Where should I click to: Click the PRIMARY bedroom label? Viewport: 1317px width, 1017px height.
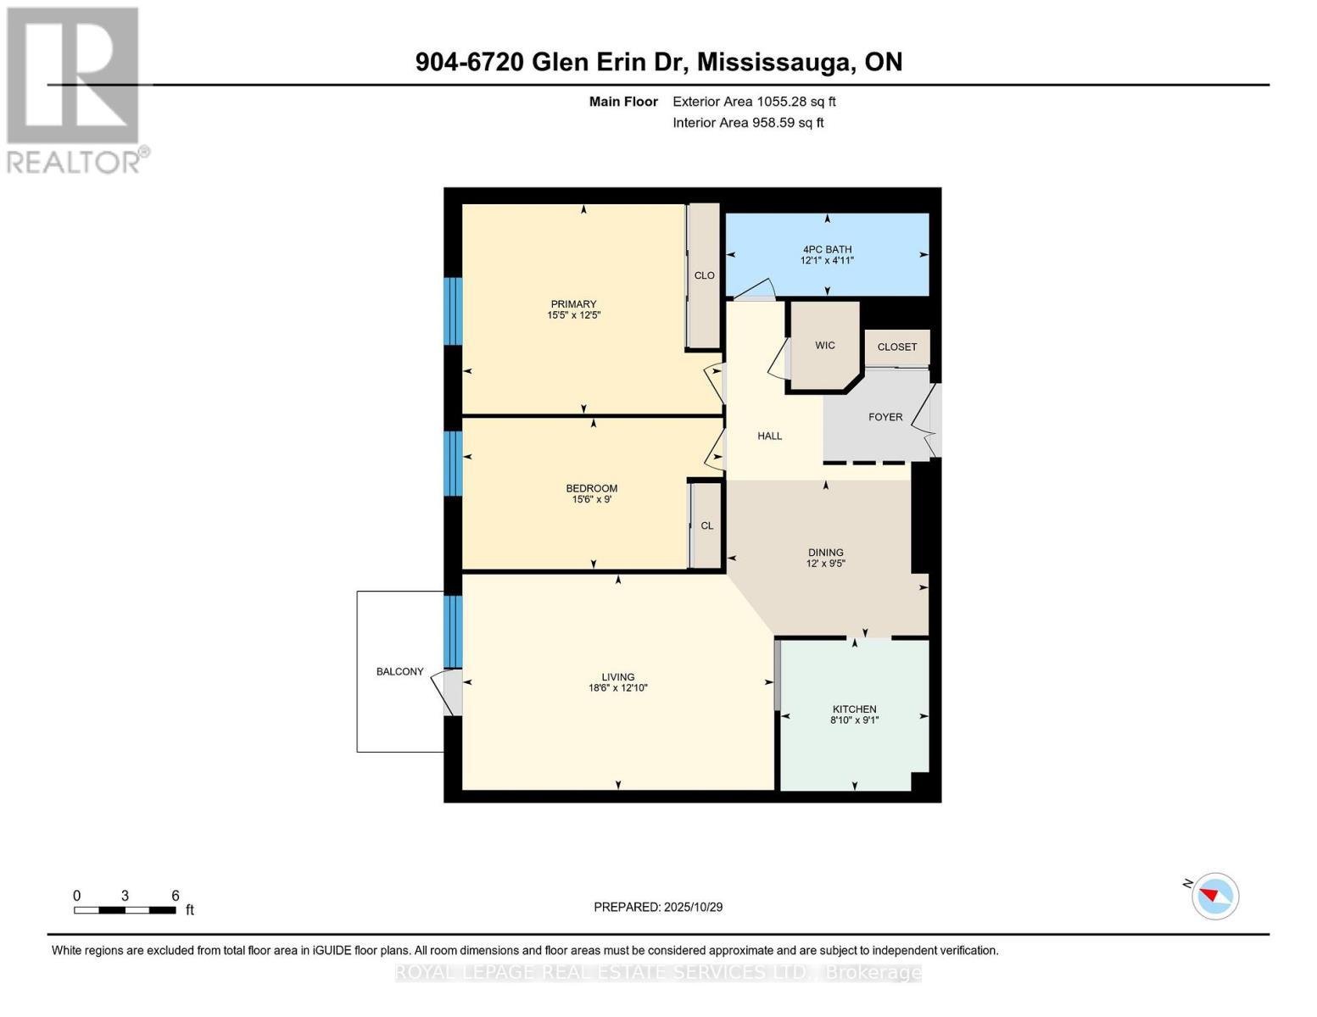click(573, 304)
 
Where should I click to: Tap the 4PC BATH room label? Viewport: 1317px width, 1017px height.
click(827, 249)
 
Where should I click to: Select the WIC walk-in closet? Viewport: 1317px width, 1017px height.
click(824, 346)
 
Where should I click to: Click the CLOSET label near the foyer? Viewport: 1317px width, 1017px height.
click(896, 347)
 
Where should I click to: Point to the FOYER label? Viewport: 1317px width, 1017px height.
click(885, 417)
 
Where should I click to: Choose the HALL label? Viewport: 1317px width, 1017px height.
click(769, 436)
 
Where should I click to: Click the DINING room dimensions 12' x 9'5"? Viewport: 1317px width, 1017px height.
click(825, 564)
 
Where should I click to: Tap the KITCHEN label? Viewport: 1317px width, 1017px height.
click(854, 709)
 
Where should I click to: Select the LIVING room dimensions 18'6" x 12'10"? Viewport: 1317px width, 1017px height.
click(618, 688)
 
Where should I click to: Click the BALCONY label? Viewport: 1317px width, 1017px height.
click(399, 671)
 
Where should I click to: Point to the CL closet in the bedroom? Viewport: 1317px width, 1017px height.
click(706, 525)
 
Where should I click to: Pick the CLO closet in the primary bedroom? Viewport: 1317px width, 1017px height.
click(704, 275)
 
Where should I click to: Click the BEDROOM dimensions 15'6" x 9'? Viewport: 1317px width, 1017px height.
click(592, 500)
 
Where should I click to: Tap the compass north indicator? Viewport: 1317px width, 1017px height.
click(1214, 895)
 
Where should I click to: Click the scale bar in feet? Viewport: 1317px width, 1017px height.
click(125, 910)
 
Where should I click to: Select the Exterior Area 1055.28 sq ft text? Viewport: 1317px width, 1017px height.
click(754, 102)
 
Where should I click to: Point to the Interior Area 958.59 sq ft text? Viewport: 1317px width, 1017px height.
click(748, 123)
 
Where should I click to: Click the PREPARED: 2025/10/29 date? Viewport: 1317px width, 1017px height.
click(658, 907)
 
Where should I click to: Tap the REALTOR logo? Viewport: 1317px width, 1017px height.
click(75, 90)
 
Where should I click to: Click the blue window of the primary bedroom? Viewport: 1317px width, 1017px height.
click(454, 311)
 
